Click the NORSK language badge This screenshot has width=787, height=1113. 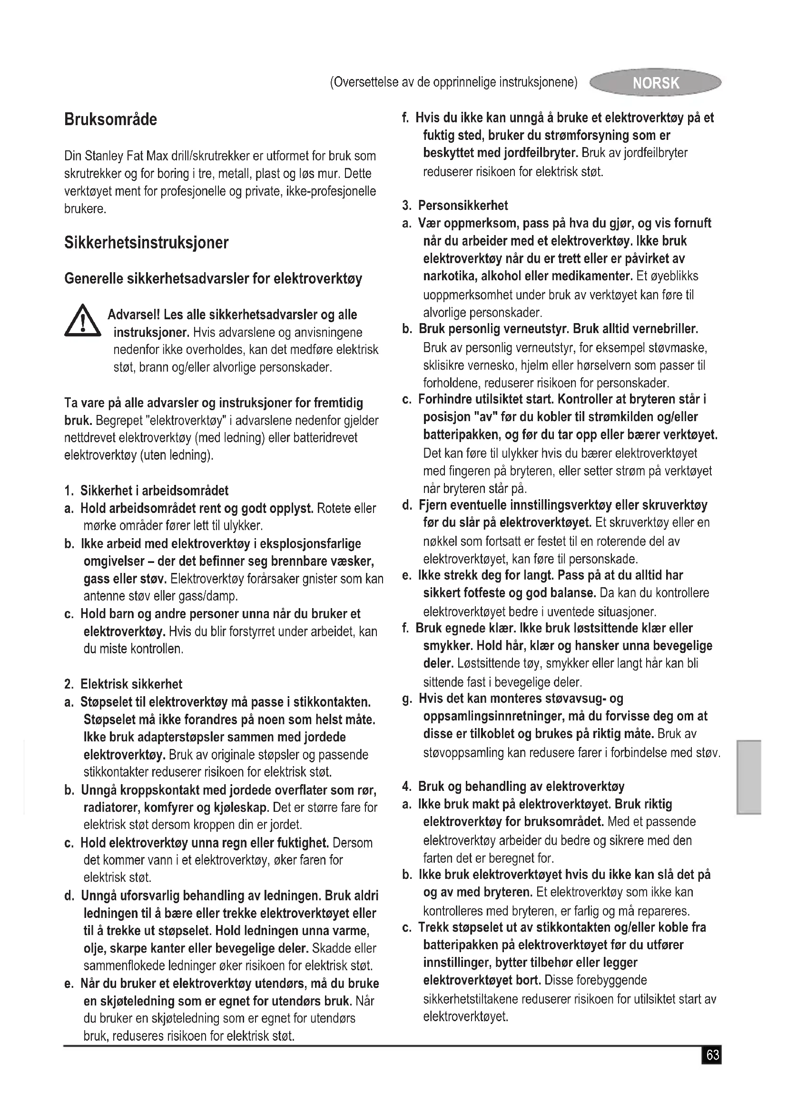click(655, 83)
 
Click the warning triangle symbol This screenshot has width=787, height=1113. click(82, 321)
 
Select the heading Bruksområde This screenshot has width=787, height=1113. click(110, 119)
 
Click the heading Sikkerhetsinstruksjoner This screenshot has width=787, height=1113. click(147, 242)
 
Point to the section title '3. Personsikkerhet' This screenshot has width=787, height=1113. click(455, 206)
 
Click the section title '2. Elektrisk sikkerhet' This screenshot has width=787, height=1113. click(124, 684)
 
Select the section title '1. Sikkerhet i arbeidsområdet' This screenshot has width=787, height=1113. click(147, 491)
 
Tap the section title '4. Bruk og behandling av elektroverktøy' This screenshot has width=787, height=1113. click(514, 786)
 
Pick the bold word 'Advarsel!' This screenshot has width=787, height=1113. click(134, 315)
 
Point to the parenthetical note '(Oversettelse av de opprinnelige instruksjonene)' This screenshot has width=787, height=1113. click(453, 82)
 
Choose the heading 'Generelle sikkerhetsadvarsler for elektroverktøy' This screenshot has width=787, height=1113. click(213, 279)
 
